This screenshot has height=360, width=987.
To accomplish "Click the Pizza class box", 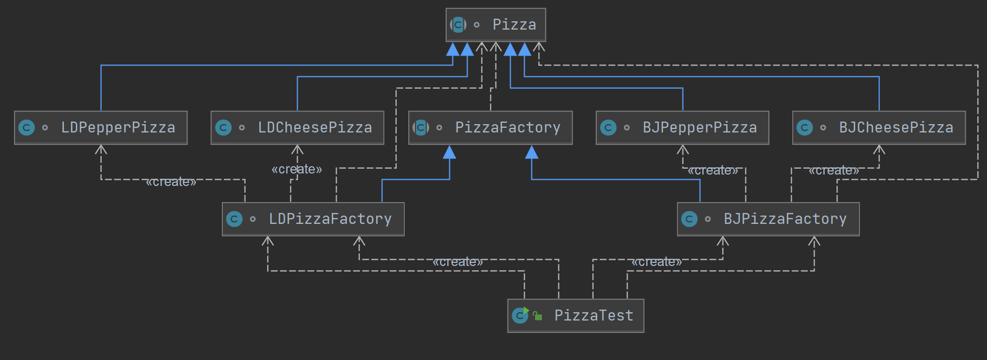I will [496, 25].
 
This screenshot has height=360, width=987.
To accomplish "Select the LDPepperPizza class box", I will [101, 128].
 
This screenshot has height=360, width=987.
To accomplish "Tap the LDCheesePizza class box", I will [297, 128].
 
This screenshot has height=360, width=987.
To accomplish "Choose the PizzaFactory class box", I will [490, 128].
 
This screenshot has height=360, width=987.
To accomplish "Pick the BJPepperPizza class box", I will [682, 128].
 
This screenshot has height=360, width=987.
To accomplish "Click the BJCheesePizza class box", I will [879, 128].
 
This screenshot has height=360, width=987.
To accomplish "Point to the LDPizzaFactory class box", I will [313, 219].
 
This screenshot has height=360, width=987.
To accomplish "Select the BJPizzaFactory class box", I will [768, 219].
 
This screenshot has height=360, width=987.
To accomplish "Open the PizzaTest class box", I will [576, 316].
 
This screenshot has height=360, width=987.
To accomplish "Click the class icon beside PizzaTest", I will [520, 315].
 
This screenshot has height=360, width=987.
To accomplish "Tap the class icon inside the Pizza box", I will [458, 24].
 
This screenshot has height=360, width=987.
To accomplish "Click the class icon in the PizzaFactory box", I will [421, 127].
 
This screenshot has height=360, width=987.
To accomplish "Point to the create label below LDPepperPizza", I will [171, 182].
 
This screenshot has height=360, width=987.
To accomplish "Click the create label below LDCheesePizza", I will [297, 169].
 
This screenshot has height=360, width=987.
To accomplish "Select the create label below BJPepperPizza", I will [713, 170].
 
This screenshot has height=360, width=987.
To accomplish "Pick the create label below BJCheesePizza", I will [834, 170].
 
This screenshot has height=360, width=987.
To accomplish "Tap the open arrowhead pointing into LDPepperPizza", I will [101, 150].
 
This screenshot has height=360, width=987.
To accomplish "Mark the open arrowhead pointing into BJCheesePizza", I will [879, 150].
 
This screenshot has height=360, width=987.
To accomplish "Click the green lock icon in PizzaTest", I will [538, 316].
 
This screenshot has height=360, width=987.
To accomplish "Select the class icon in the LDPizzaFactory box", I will [234, 219].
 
